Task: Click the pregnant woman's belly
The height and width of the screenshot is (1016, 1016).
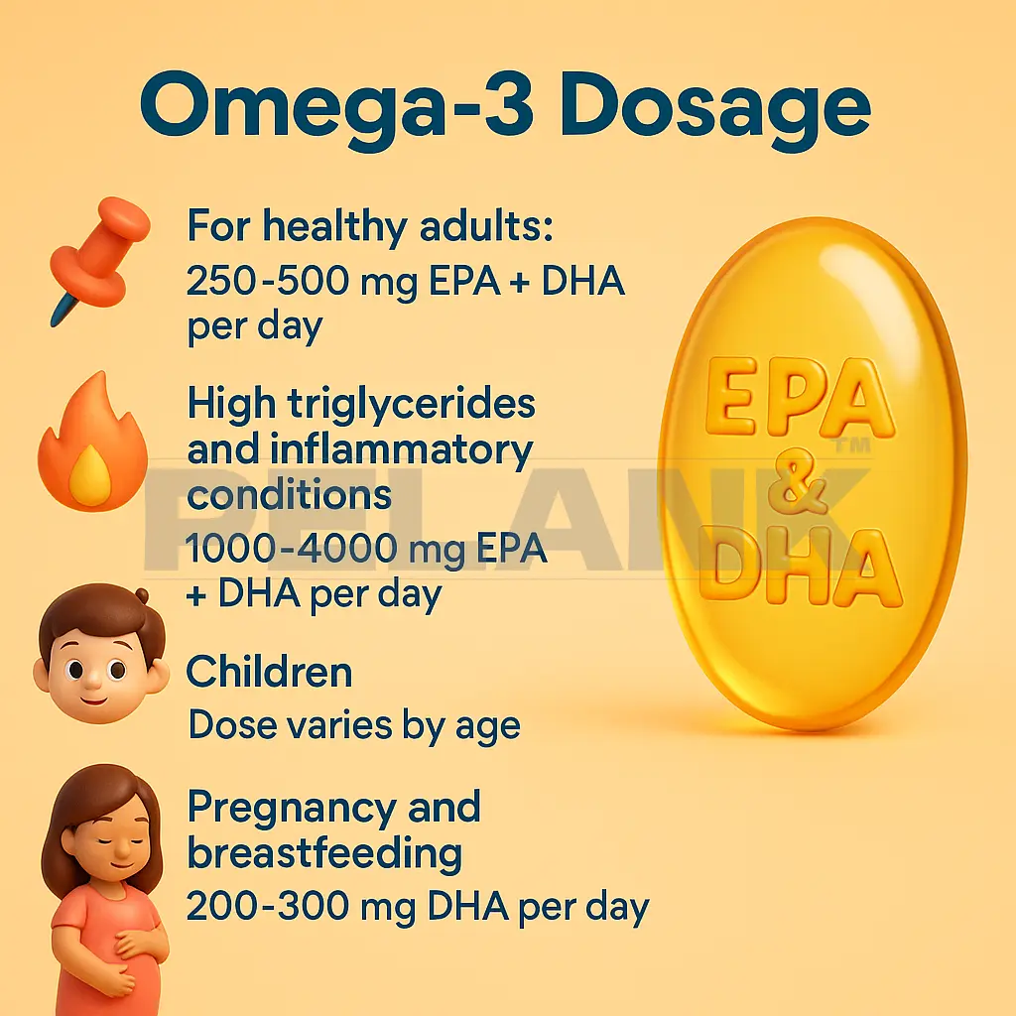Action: (119, 952)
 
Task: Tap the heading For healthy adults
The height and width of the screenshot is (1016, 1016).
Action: (368, 227)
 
